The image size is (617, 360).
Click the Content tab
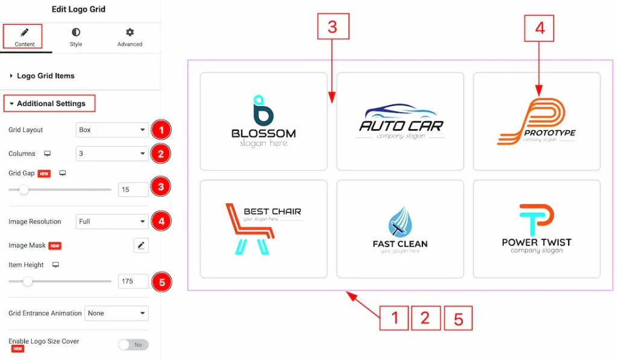click(x=25, y=37)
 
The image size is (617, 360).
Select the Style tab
click(x=76, y=37)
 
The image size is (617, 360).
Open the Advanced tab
click(x=130, y=37)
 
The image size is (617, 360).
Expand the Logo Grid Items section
click(x=45, y=76)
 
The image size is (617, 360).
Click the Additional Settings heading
click(x=51, y=104)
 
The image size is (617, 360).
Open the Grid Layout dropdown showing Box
click(x=112, y=130)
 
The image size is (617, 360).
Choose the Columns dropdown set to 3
click(x=112, y=154)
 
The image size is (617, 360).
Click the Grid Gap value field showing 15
click(x=133, y=189)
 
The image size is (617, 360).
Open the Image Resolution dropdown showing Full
click(x=112, y=221)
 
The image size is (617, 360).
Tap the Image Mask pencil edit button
click(x=141, y=245)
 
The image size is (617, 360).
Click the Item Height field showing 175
click(x=133, y=281)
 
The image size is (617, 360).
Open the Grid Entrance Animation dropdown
click(x=117, y=314)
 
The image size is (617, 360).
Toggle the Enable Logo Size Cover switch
click(x=133, y=345)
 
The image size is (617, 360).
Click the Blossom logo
click(x=263, y=121)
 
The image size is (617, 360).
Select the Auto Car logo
click(x=400, y=121)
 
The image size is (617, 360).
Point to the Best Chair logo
click(x=263, y=229)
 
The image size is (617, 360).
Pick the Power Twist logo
click(x=536, y=229)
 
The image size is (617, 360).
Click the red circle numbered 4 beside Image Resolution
click(x=161, y=221)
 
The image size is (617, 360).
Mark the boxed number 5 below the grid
click(x=458, y=318)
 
